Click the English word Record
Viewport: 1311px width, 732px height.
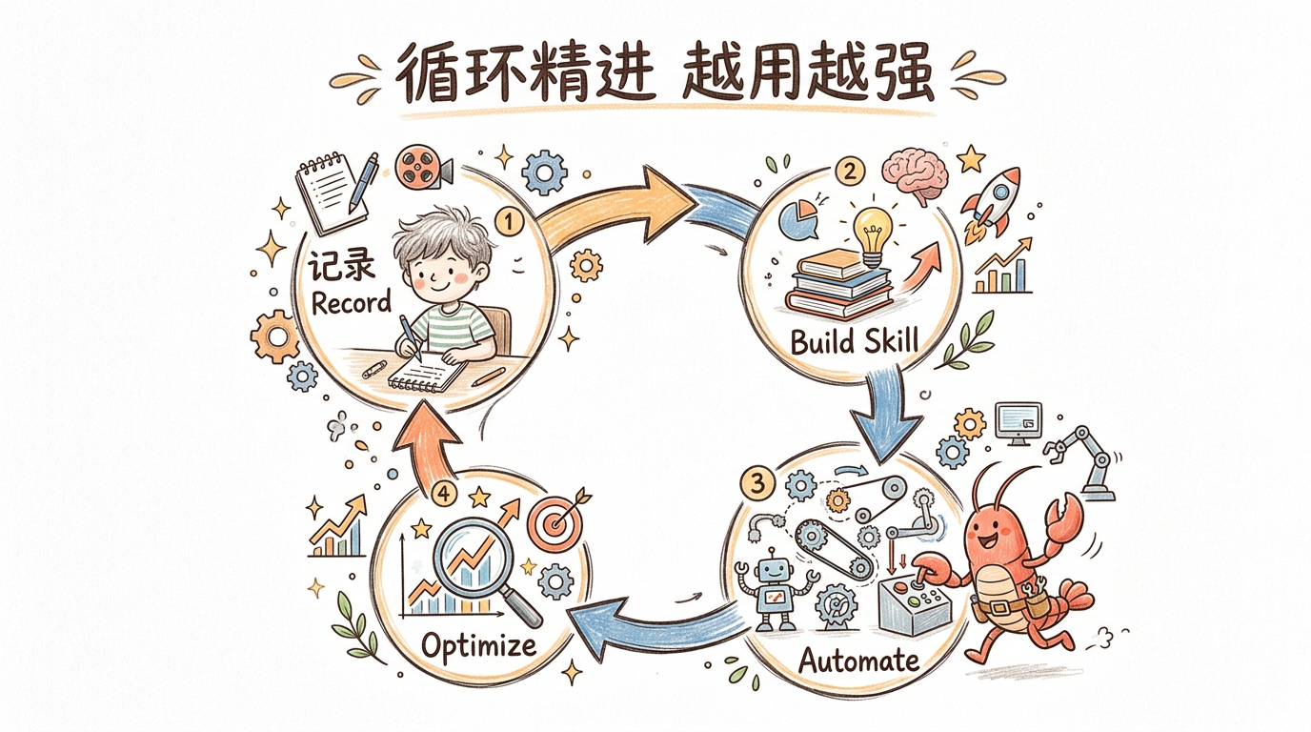pyautogui.click(x=352, y=303)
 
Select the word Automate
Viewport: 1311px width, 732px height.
pyautogui.click(x=858, y=660)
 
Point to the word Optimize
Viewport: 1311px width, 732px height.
pyautogui.click(x=478, y=645)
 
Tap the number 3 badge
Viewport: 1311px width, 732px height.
pyautogui.click(x=758, y=484)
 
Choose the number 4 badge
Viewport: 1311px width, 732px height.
pyautogui.click(x=440, y=494)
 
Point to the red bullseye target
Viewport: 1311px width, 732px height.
pyautogui.click(x=555, y=524)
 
